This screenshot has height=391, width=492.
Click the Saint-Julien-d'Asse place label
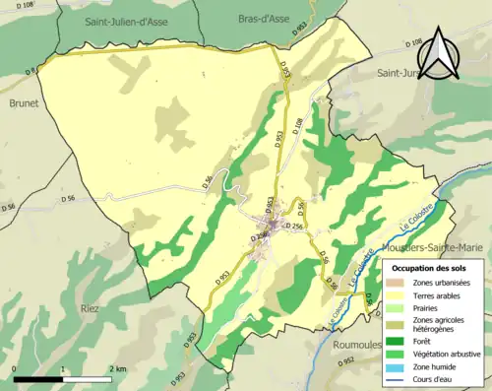click(x=107, y=19)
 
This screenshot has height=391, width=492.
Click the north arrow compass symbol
click(x=438, y=54)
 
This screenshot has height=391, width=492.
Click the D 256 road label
click(x=294, y=228)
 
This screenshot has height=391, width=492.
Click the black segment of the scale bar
click(x=38, y=378)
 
